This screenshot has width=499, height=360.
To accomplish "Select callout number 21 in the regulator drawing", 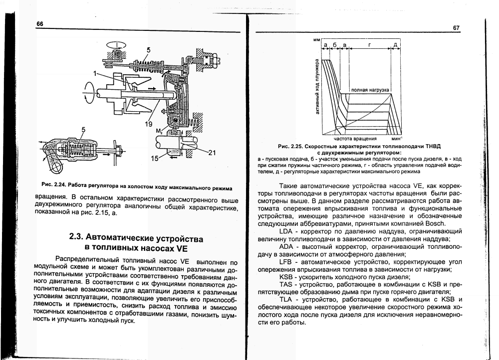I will tap(211, 153).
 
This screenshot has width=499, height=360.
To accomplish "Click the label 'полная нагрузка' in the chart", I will tap(370, 90).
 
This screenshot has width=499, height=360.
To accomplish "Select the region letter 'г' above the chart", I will tap(369, 45).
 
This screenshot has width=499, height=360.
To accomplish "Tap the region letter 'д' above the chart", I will tap(395, 45).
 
